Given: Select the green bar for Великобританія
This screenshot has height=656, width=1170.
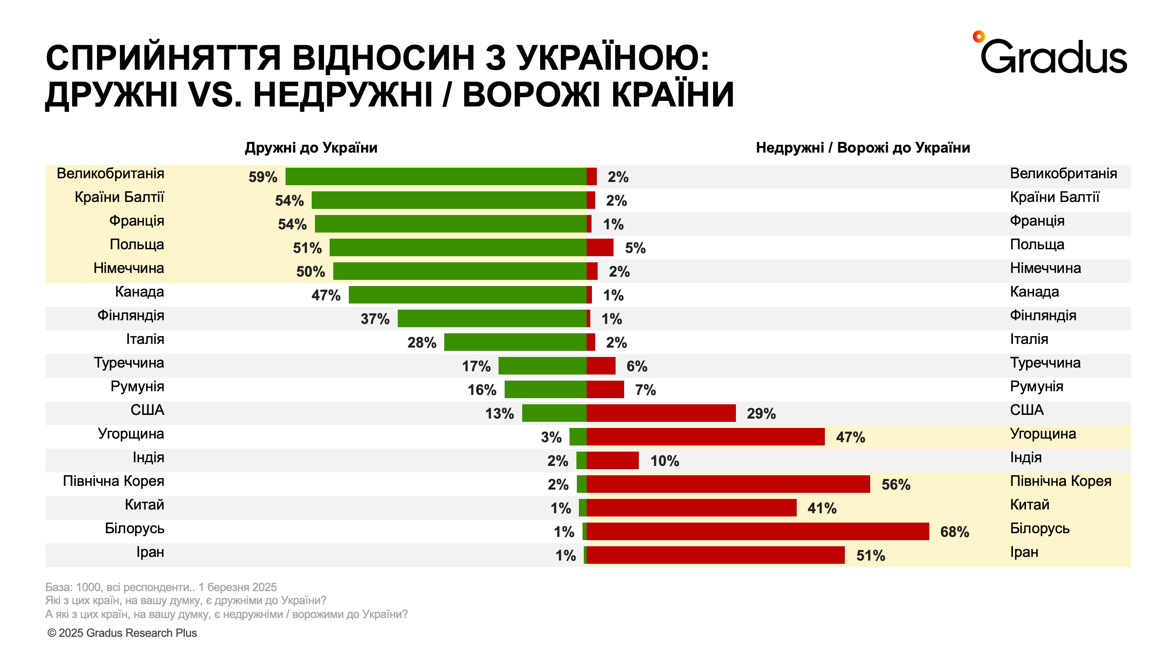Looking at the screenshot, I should [x=436, y=176].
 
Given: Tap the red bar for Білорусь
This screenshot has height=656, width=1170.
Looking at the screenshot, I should [x=758, y=531].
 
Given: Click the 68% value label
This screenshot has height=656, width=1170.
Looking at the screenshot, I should [x=954, y=532].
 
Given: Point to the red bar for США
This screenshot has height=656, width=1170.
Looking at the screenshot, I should [x=661, y=413].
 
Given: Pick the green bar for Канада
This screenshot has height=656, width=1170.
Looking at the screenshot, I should [x=468, y=295].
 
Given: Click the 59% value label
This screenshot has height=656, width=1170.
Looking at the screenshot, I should [x=263, y=177].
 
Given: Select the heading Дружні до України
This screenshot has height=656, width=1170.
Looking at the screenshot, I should [x=311, y=148].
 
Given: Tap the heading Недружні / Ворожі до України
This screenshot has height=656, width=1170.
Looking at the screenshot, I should [x=862, y=148].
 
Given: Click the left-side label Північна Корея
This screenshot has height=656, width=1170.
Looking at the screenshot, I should [x=113, y=481].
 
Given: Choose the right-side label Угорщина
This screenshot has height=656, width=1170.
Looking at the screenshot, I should [x=1043, y=433].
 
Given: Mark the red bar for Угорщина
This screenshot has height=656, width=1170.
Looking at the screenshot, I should [x=705, y=437].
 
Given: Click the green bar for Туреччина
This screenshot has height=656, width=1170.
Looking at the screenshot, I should [x=542, y=366].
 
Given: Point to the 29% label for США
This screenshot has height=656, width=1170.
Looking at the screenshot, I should [x=761, y=413].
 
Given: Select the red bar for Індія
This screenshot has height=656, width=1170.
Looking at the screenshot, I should [x=612, y=460].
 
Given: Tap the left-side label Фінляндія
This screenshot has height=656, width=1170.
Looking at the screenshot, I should [x=131, y=315].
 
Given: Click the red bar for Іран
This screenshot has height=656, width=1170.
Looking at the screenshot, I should [x=716, y=555].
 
